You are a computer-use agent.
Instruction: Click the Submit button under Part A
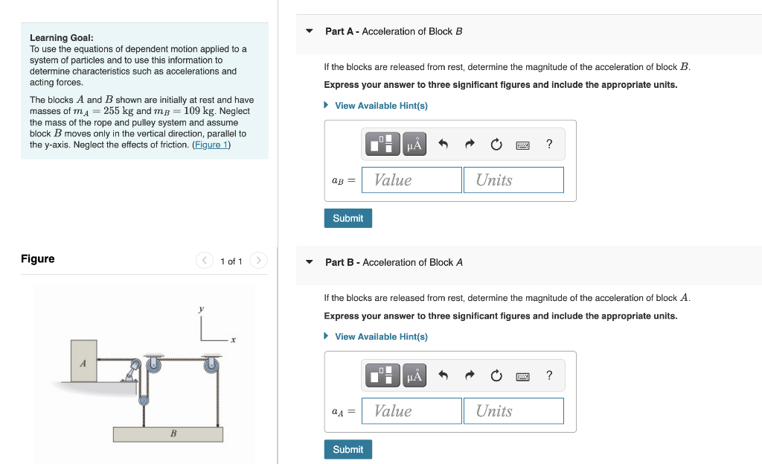pyautogui.click(x=348, y=218)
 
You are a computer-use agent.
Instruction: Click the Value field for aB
pyautogui.click(x=412, y=180)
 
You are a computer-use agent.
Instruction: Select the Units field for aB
pyautogui.click(x=513, y=180)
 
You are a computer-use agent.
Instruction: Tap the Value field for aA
pyautogui.click(x=412, y=411)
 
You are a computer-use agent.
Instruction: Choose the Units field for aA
pyautogui.click(x=513, y=411)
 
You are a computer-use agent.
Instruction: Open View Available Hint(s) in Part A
pyautogui.click(x=380, y=106)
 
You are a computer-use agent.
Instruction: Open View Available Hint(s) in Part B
pyautogui.click(x=380, y=337)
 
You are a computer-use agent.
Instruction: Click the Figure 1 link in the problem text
pyautogui.click(x=211, y=144)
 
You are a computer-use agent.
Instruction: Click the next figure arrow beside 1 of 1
pyautogui.click(x=258, y=261)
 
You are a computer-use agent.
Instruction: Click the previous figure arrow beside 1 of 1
pyautogui.click(x=204, y=261)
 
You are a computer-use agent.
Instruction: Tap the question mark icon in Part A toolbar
pyautogui.click(x=549, y=144)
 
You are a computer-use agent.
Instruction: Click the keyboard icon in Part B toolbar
pyautogui.click(x=523, y=376)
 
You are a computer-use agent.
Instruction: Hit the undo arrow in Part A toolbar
pyautogui.click(x=443, y=145)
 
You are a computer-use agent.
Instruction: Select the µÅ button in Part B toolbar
pyautogui.click(x=414, y=376)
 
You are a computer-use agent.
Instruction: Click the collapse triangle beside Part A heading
pyautogui.click(x=310, y=31)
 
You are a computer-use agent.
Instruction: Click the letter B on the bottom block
pyautogui.click(x=173, y=433)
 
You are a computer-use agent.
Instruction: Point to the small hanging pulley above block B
pyautogui.click(x=144, y=400)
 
